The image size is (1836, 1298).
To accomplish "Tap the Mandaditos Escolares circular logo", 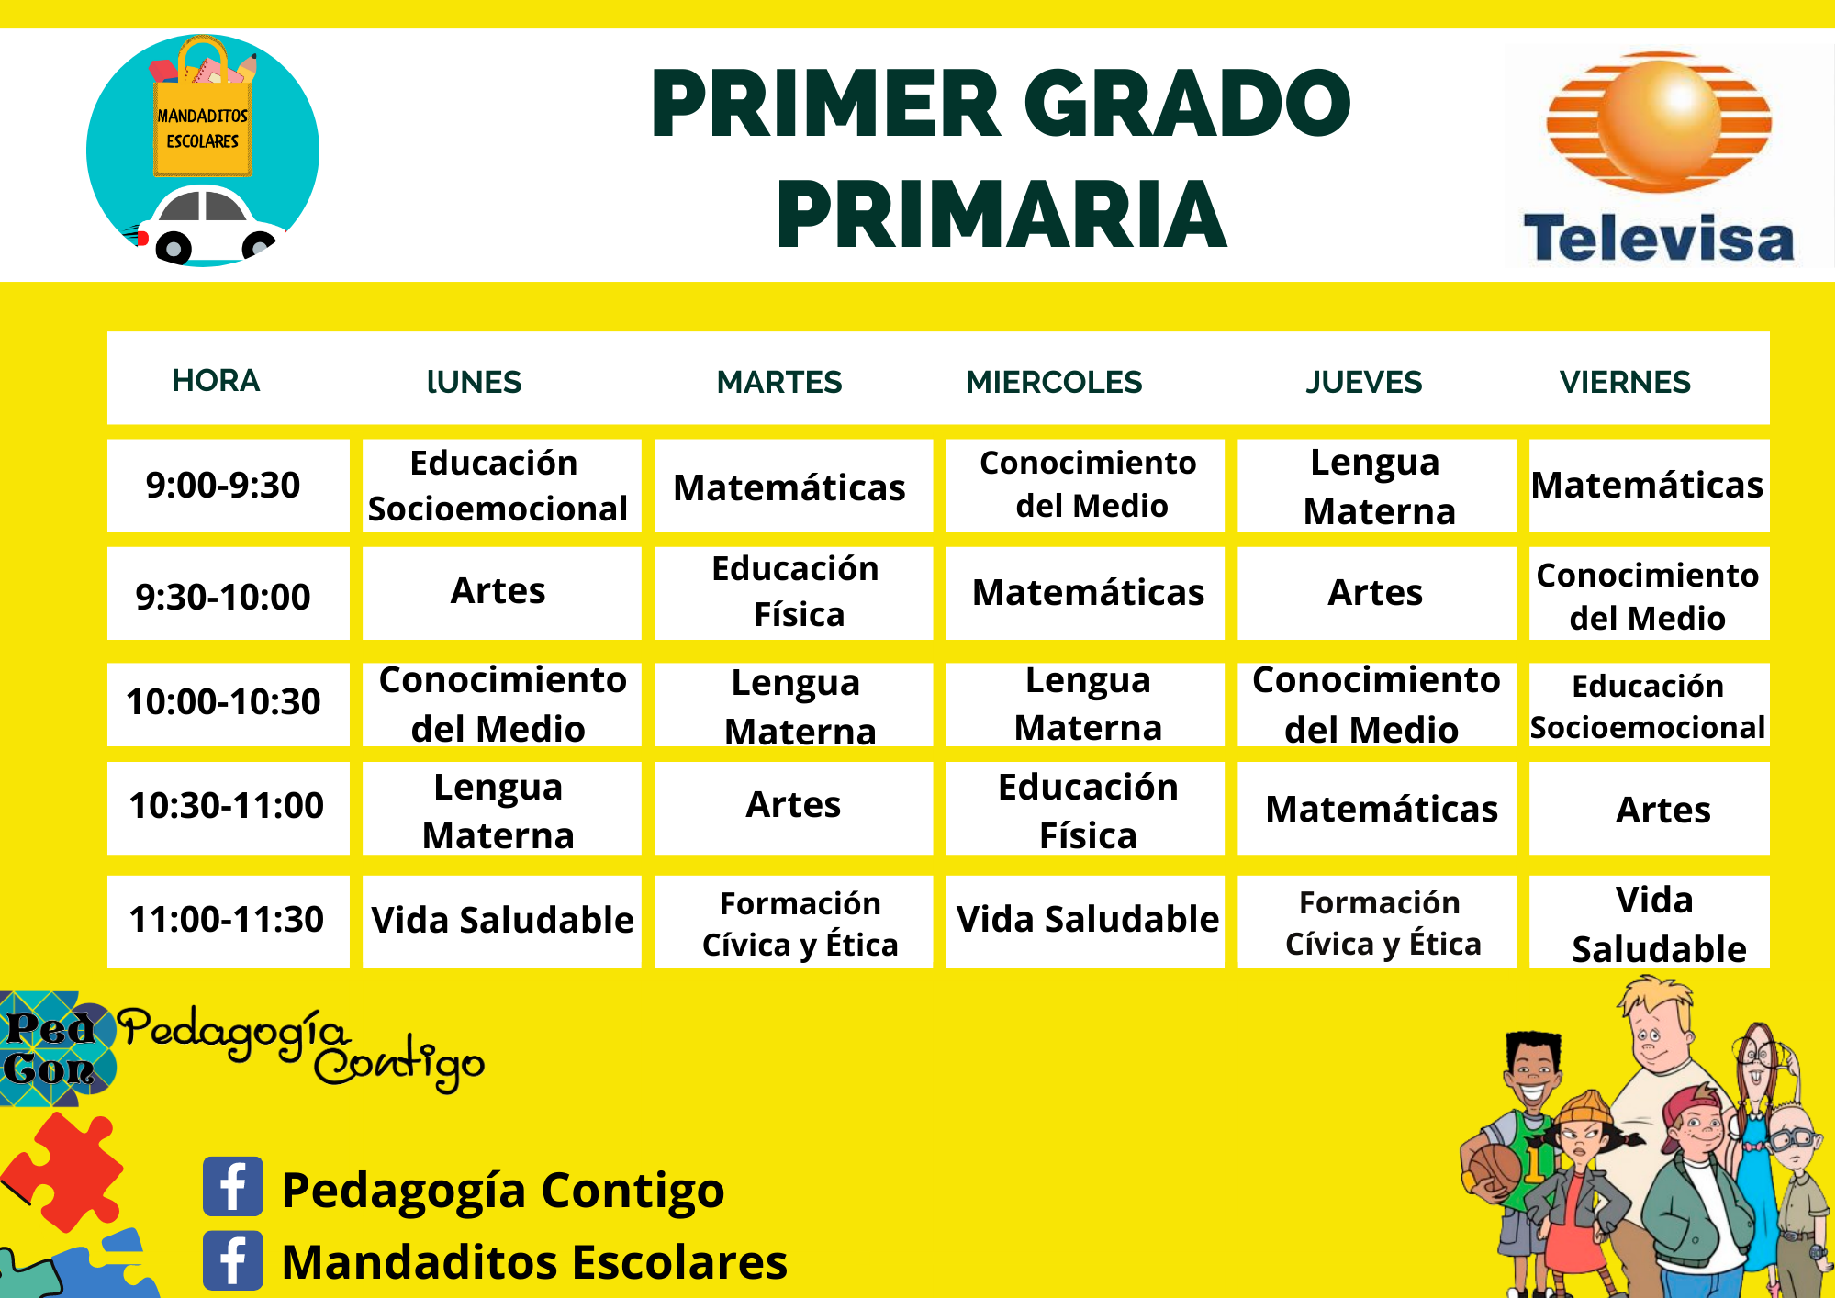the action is click(x=203, y=151).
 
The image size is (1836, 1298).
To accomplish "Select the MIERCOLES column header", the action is click(x=1054, y=382).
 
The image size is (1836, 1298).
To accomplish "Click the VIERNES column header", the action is click(x=1625, y=382).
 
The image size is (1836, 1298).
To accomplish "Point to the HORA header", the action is click(x=216, y=381).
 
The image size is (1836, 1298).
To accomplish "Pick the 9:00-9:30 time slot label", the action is click(x=223, y=485).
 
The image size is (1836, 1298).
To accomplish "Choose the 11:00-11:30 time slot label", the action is click(x=226, y=920).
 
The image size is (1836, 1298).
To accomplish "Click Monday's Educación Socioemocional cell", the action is click(x=501, y=486).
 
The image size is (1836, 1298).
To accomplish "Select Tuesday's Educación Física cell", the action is click(x=794, y=592).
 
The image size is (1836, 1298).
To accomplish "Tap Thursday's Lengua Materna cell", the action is click(x=1377, y=486).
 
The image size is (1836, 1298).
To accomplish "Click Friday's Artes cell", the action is click(x=1650, y=809).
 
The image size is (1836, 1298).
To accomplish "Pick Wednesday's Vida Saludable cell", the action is click(x=1086, y=920).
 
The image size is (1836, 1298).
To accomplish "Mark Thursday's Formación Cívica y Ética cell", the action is click(x=1377, y=922).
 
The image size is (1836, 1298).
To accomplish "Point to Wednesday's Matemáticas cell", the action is click(x=1086, y=593).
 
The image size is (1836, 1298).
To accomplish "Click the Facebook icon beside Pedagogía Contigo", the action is click(x=233, y=1186).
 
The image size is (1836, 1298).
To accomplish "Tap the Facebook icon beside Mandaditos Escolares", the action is click(x=233, y=1260).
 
